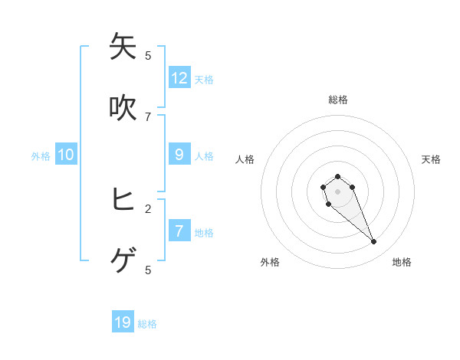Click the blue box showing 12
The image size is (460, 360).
pyautogui.click(x=179, y=77)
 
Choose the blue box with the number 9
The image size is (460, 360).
pyautogui.click(x=179, y=154)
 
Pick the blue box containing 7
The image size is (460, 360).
pyautogui.click(x=179, y=231)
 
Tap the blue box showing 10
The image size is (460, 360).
pyautogui.click(x=66, y=155)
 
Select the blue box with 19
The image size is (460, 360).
pyautogui.click(x=123, y=322)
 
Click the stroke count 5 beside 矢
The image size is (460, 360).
pyautogui.click(x=148, y=55)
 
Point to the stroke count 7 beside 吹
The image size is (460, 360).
pyautogui.click(x=148, y=117)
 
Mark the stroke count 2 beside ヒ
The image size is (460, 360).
pyautogui.click(x=148, y=208)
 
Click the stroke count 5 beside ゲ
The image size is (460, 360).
pyautogui.click(x=148, y=270)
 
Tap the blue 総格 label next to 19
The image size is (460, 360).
pyautogui.click(x=147, y=324)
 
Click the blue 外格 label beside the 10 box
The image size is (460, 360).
pyautogui.click(x=41, y=156)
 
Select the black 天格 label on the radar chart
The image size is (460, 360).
pyautogui.click(x=431, y=159)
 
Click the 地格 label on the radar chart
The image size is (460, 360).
pyautogui.click(x=402, y=262)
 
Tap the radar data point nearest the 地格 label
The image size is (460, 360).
pyautogui.click(x=374, y=242)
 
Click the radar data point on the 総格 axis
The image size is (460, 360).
pyautogui.click(x=337, y=176)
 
